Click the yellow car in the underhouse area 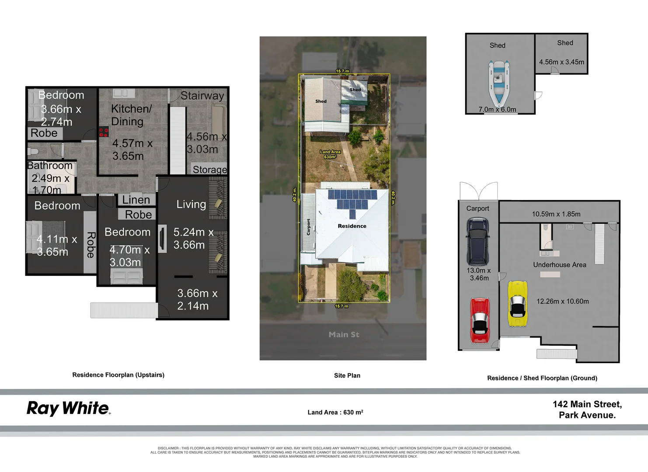pyautogui.click(x=518, y=304)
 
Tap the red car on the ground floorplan pyautogui.click(x=480, y=320)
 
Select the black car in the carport pyautogui.click(x=477, y=242)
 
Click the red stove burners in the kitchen pyautogui.click(x=104, y=132)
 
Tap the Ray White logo pyautogui.click(x=69, y=408)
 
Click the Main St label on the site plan pyautogui.click(x=344, y=335)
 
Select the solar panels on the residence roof pyautogui.click(x=352, y=201)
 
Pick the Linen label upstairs pyautogui.click(x=136, y=200)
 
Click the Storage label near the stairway pyautogui.click(x=209, y=170)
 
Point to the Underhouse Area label pyautogui.click(x=560, y=265)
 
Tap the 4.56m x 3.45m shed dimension pyautogui.click(x=561, y=62)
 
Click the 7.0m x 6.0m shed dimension pyautogui.click(x=497, y=110)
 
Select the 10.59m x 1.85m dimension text pyautogui.click(x=556, y=214)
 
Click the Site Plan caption pyautogui.click(x=347, y=375)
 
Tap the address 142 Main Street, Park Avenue pyautogui.click(x=587, y=410)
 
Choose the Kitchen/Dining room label pyautogui.click(x=131, y=115)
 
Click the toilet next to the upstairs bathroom pyautogui.click(x=34, y=152)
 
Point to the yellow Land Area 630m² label pyautogui.click(x=330, y=154)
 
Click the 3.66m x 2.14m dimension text pyautogui.click(x=197, y=299)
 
